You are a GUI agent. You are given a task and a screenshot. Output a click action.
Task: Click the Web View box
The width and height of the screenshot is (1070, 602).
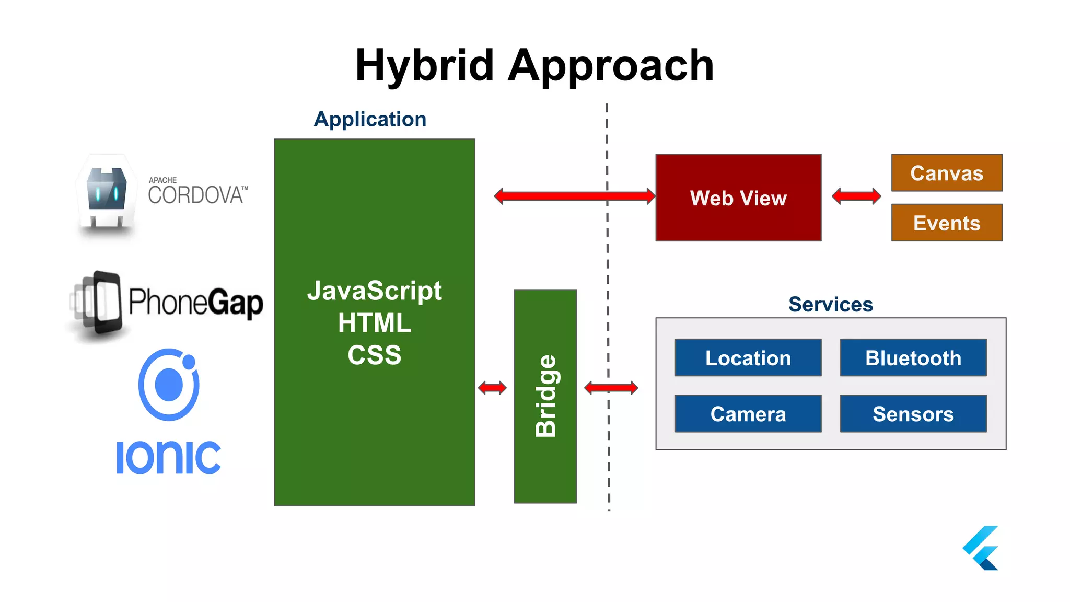(738, 198)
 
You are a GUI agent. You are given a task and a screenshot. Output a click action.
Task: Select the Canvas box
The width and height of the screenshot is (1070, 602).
(946, 173)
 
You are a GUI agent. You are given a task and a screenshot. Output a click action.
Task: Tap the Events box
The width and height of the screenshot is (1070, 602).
(946, 223)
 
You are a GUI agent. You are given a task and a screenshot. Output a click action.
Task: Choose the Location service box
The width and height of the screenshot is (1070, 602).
(748, 358)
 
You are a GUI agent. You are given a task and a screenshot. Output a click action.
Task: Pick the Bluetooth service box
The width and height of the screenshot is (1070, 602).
(913, 358)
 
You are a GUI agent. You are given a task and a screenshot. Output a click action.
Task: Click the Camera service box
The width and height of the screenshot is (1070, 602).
(748, 414)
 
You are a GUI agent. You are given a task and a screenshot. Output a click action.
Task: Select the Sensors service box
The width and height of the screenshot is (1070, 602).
(913, 414)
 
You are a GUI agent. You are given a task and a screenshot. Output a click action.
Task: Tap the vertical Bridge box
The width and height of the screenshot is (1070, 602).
(545, 396)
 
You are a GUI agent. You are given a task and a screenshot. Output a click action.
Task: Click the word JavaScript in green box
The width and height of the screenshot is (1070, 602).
(374, 291)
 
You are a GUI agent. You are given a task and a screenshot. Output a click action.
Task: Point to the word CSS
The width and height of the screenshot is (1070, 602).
(374, 355)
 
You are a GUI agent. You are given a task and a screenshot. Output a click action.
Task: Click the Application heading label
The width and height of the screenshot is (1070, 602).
(370, 119)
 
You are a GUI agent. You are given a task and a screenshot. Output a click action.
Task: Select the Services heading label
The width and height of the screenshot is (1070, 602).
(830, 304)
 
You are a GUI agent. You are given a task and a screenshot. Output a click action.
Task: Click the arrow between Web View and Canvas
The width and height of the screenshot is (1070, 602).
(856, 196)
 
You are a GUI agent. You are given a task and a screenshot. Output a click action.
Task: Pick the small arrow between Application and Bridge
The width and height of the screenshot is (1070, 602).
(492, 388)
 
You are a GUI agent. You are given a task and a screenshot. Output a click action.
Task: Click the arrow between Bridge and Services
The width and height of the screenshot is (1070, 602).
(610, 388)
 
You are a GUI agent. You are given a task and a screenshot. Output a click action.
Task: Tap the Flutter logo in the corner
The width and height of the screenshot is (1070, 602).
(981, 548)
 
